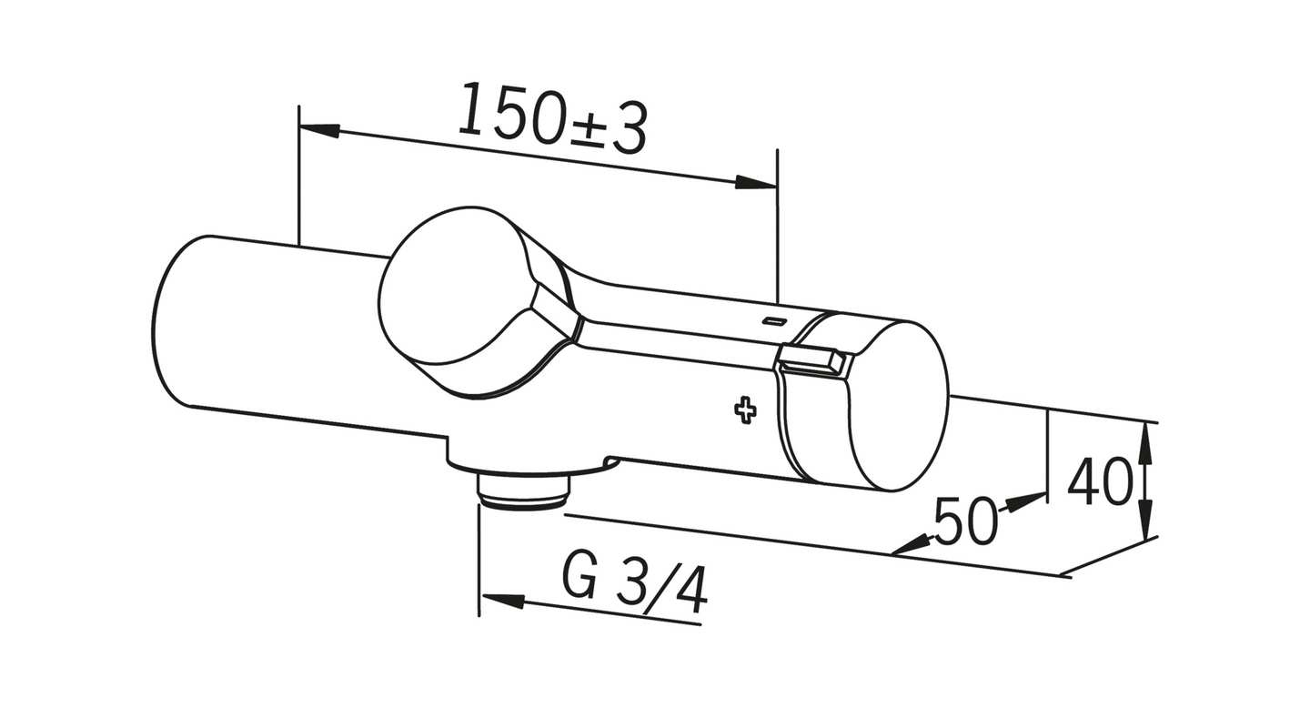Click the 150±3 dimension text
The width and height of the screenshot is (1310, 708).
[551, 118]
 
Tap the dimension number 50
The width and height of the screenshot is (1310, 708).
[964, 523]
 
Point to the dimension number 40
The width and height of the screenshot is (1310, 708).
[1100, 482]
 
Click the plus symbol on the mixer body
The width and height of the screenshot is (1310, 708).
[745, 410]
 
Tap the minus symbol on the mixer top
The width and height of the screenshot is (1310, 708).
[775, 320]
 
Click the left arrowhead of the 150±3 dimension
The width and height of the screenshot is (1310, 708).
[319, 130]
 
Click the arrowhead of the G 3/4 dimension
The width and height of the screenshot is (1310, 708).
[503, 601]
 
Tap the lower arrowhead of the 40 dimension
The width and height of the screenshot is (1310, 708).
[1146, 525]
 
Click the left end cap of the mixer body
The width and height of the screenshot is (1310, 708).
[173, 323]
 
